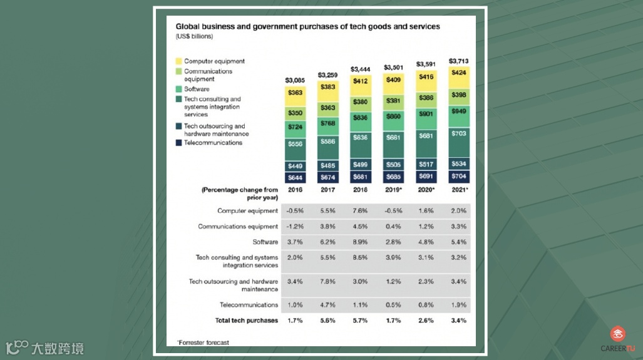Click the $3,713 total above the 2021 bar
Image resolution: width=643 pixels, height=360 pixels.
458,61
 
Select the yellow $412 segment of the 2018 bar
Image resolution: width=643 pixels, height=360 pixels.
360,81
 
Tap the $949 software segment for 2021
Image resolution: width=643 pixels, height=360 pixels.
459,111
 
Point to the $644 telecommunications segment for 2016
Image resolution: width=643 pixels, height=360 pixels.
294,177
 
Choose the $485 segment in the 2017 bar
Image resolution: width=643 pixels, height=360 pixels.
327,165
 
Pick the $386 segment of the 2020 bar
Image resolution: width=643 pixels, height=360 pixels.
426,98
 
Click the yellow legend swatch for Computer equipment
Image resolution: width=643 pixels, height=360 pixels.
179,61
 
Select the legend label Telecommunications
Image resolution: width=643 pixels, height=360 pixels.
213,143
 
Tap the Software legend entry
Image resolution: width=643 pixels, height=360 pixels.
197,90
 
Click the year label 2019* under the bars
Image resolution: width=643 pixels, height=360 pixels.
393,189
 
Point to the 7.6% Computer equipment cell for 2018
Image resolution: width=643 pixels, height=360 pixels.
360,211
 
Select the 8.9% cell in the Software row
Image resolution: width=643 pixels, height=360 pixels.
360,242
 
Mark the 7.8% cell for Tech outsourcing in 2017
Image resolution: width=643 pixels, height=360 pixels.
327,282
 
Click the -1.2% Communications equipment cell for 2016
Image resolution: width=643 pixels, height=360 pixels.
294,227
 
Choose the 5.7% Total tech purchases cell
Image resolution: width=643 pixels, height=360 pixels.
360,321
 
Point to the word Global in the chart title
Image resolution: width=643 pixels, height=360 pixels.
187,27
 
